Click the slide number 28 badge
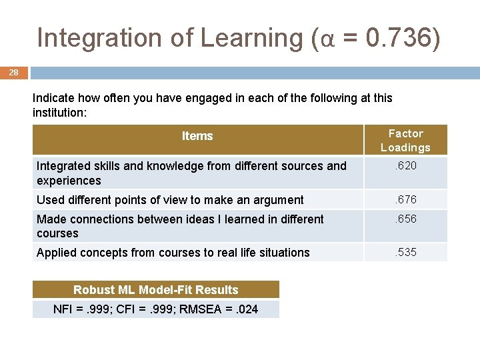pyautogui.click(x=14, y=72)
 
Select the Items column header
pyautogui.click(x=197, y=136)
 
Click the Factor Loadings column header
pyautogui.click(x=405, y=140)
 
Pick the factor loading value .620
pyautogui.click(x=405, y=165)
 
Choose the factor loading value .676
pyautogui.click(x=405, y=199)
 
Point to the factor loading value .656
pyautogui.click(x=405, y=219)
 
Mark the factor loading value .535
pyautogui.click(x=405, y=252)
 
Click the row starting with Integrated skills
pyautogui.click(x=191, y=173)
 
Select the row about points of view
pyautogui.click(x=170, y=199)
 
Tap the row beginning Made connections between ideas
pyautogui.click(x=180, y=226)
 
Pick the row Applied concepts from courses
pyautogui.click(x=173, y=252)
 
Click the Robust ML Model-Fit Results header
pyautogui.click(x=156, y=289)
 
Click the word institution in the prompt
pyautogui.click(x=58, y=113)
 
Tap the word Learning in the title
pyautogui.click(x=252, y=38)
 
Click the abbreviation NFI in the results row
pyautogui.click(x=63, y=309)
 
